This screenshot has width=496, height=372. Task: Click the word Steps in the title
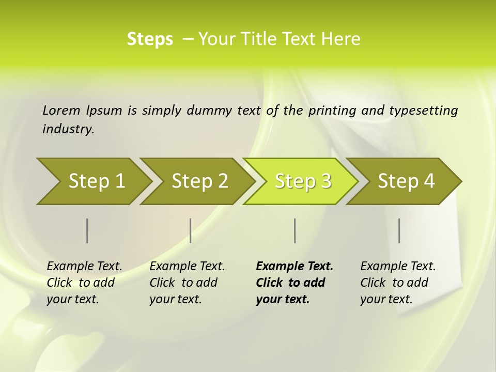(x=150, y=39)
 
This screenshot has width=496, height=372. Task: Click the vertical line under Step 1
(x=87, y=230)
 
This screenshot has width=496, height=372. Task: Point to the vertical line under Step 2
(x=191, y=230)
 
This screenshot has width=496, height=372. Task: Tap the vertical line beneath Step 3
(x=295, y=230)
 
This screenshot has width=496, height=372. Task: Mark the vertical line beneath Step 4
(x=399, y=230)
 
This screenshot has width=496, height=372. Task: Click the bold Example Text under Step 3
(x=295, y=267)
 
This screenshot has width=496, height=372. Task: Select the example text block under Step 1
(x=84, y=283)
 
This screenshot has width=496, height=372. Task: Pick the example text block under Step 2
(x=187, y=283)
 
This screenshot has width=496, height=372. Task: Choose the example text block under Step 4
(x=398, y=283)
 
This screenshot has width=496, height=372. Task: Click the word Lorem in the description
(x=61, y=111)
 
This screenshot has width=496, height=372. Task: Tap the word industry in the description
(x=68, y=129)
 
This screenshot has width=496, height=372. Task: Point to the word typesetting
(x=423, y=111)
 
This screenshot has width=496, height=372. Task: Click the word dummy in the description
(x=212, y=111)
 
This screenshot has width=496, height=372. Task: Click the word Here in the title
(x=344, y=39)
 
